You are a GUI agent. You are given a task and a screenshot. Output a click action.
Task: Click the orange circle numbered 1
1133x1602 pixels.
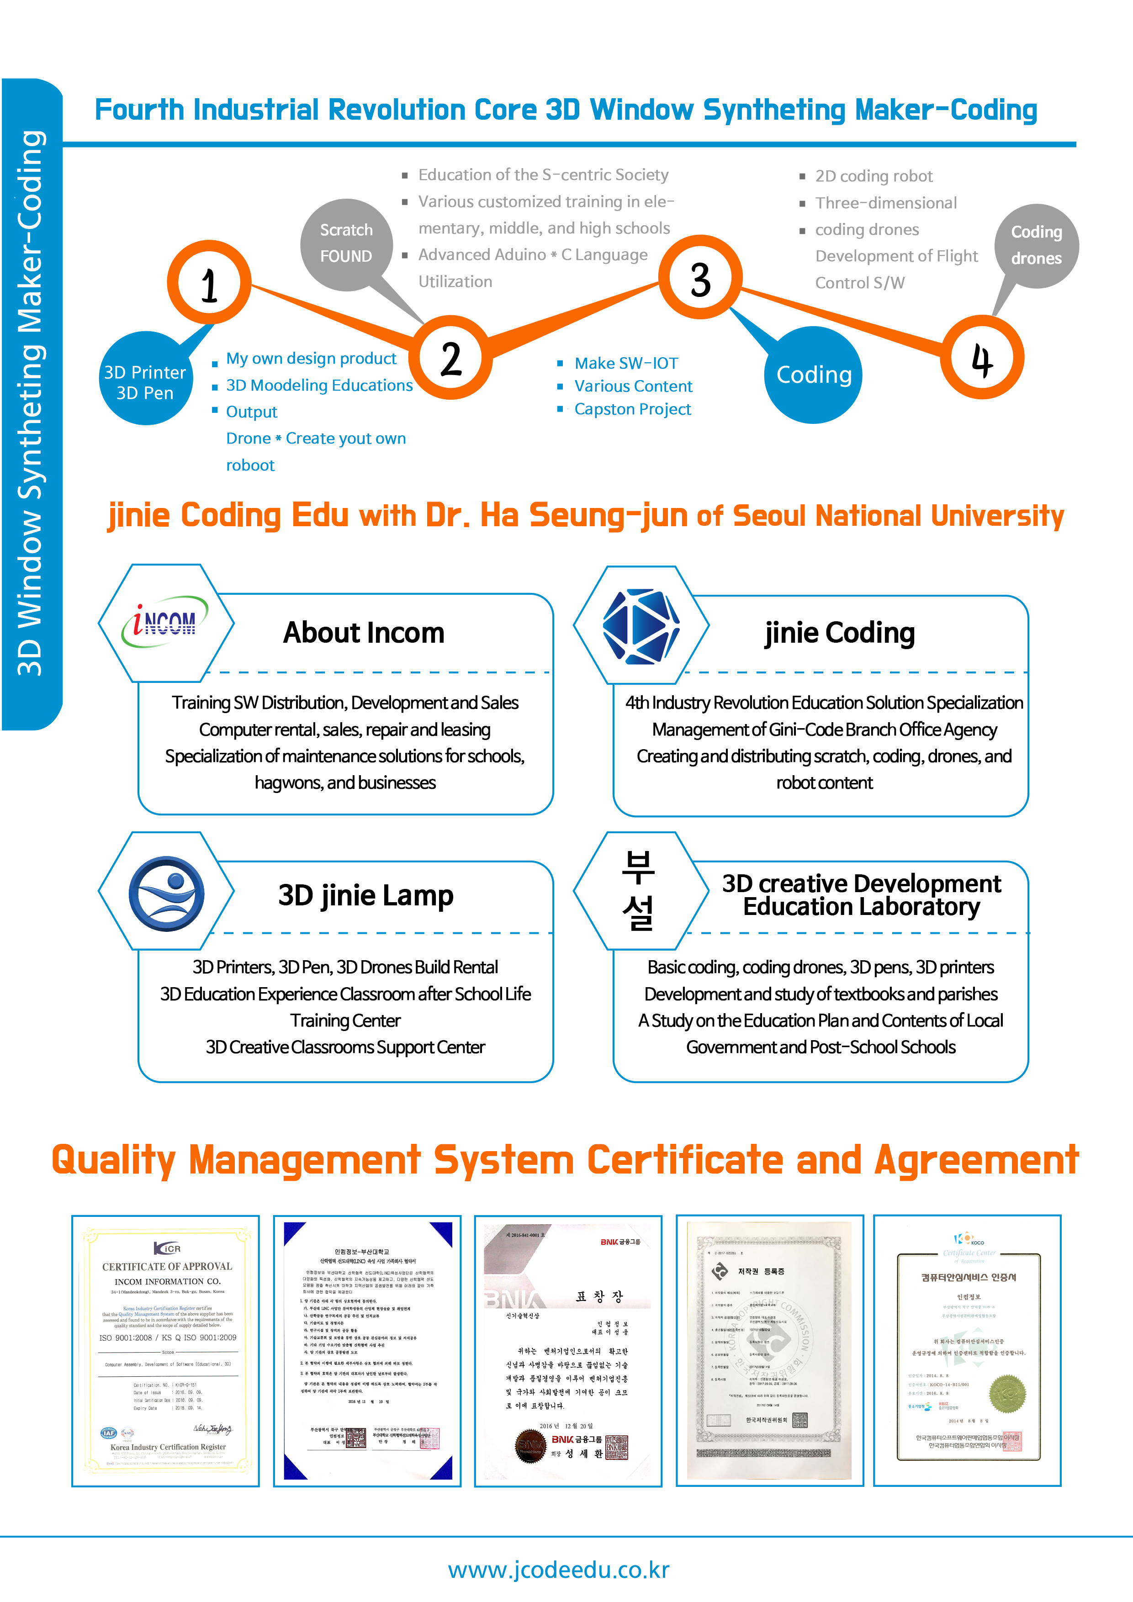(209, 283)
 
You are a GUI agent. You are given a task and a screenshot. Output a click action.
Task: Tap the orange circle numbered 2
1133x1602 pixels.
(451, 357)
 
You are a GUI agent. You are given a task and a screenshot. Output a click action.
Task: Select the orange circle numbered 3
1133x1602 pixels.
(700, 278)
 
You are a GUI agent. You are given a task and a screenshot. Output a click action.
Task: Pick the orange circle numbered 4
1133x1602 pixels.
(982, 357)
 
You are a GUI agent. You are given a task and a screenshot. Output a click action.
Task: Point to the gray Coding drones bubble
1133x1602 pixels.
(1036, 246)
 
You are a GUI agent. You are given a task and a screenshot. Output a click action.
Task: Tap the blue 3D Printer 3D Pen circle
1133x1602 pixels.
(145, 381)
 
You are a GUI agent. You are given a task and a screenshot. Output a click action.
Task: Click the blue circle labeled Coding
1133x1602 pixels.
(814, 375)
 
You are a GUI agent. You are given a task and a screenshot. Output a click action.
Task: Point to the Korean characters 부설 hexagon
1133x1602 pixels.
(638, 891)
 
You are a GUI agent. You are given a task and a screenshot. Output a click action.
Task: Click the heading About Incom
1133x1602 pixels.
(364, 633)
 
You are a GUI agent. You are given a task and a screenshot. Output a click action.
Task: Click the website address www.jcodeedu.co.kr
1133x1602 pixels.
(558, 1569)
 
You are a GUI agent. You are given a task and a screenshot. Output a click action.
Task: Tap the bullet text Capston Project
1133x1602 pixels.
(632, 410)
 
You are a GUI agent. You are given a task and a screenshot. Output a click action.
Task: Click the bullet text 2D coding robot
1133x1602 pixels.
(874, 176)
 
